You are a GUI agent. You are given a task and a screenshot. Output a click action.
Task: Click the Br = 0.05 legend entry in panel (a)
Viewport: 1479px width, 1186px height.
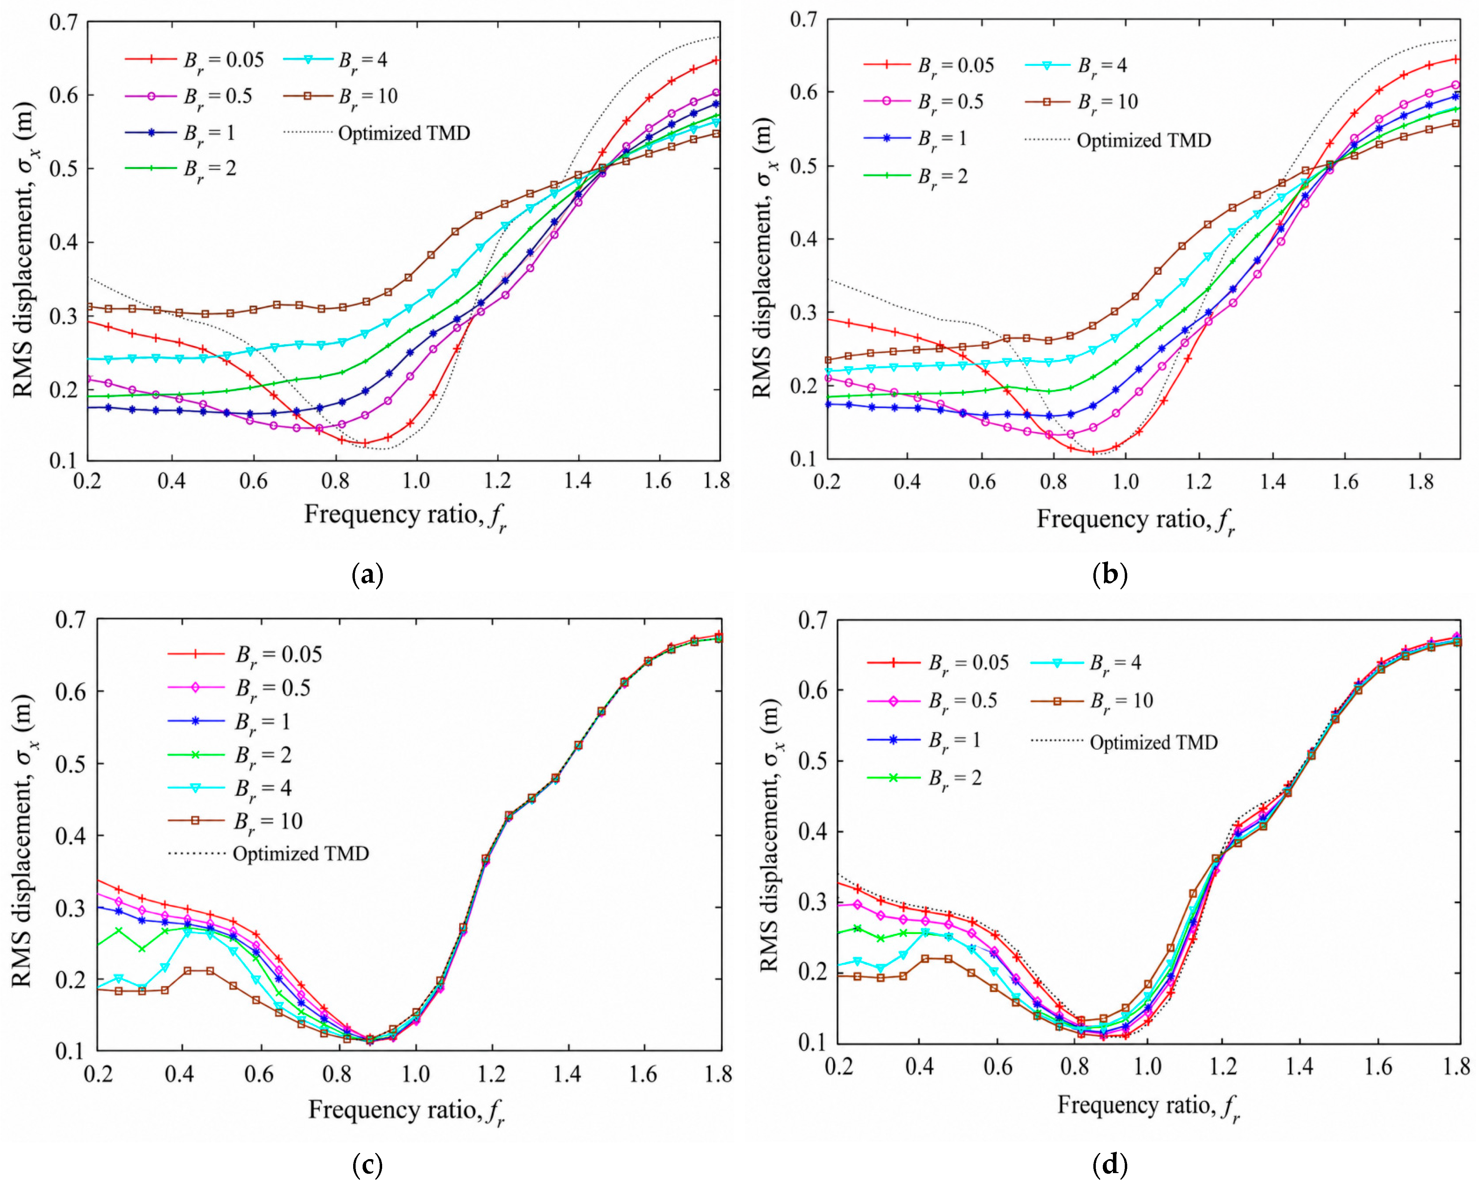[194, 60]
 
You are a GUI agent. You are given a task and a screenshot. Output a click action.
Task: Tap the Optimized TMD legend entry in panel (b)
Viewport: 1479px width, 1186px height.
[1118, 141]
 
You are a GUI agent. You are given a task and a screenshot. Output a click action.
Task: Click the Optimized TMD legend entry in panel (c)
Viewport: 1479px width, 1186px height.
[268, 854]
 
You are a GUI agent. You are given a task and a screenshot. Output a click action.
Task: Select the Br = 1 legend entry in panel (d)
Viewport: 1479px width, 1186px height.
[924, 740]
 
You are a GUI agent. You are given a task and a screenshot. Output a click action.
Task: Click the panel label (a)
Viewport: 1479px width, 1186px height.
[367, 574]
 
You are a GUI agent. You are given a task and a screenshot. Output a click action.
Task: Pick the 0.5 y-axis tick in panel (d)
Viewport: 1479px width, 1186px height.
[814, 761]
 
